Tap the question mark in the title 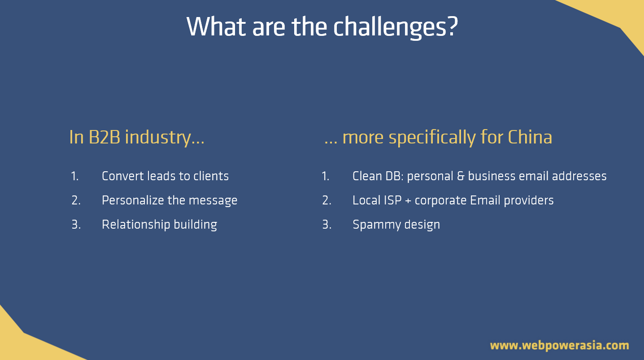pos(451,26)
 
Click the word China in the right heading pos(530,137)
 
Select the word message pos(213,201)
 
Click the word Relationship pos(136,225)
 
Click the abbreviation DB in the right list pos(394,176)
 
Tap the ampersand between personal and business pos(461,176)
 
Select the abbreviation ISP pos(392,200)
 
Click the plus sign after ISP pos(408,201)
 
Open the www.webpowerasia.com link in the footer pos(560,345)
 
